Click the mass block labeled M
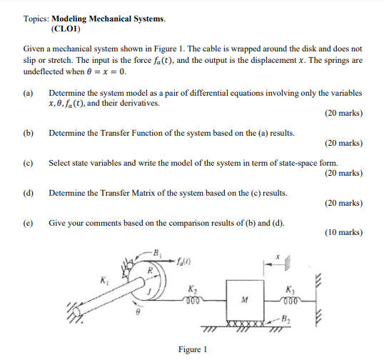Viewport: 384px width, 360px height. click(244, 299)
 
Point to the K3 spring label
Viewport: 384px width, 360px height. click(288, 289)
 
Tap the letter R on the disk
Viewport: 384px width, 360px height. click(150, 271)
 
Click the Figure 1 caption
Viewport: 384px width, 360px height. click(192, 349)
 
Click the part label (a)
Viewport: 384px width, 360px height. click(28, 94)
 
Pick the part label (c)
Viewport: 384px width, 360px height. click(28, 163)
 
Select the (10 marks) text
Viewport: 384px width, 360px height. click(343, 233)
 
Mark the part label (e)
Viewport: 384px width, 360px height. click(28, 223)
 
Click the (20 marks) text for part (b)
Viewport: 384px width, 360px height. click(343, 144)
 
